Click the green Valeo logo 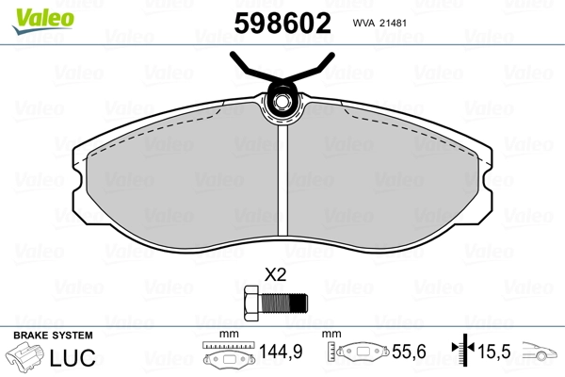[43, 21]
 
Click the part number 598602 [282, 23]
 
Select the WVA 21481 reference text [379, 23]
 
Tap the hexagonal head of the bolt [251, 303]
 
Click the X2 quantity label [275, 275]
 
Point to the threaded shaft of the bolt [283, 303]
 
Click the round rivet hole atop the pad [281, 101]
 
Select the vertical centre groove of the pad [282, 180]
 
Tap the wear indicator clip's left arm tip [233, 54]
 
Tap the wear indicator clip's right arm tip [332, 55]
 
